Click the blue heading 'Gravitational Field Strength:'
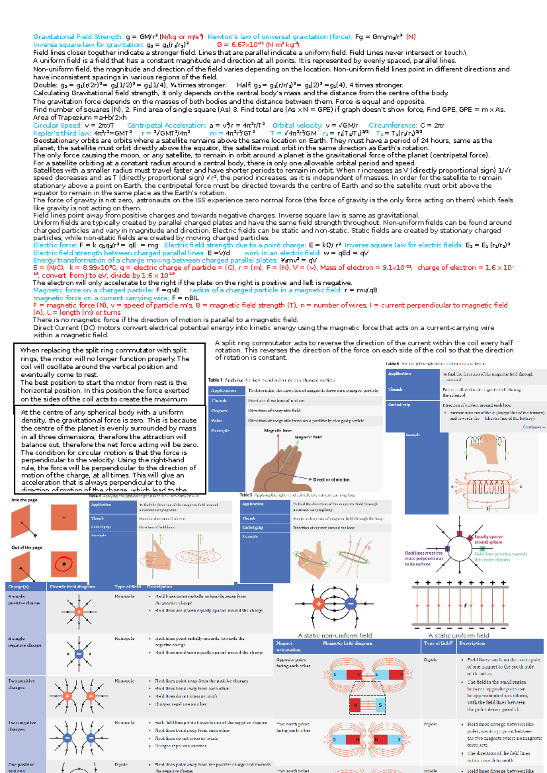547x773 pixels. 77,36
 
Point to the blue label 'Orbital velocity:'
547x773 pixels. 297,125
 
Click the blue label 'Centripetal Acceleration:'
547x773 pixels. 166,125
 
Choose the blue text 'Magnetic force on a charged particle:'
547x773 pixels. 93,290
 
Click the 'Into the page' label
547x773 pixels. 24,500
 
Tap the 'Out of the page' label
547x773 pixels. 26,547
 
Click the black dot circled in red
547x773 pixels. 64,564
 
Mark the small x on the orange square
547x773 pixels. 64,517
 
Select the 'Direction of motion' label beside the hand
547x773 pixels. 331,479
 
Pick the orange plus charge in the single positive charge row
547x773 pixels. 79,612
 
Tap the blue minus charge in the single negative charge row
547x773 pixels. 79,654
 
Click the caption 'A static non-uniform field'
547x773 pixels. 335,635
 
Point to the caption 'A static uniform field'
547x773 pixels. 459,635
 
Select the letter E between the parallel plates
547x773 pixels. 465,606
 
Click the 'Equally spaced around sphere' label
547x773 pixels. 488,539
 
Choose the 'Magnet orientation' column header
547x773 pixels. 289,646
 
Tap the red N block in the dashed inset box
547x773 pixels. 356,705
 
